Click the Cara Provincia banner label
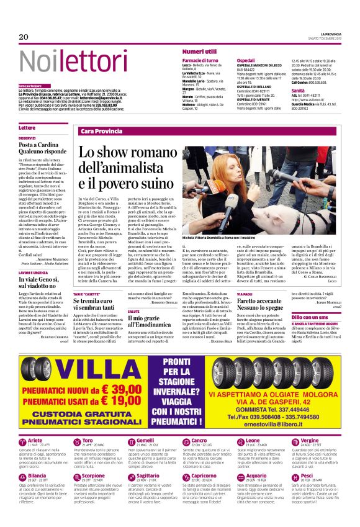pyautogui.click(x=101, y=132)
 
